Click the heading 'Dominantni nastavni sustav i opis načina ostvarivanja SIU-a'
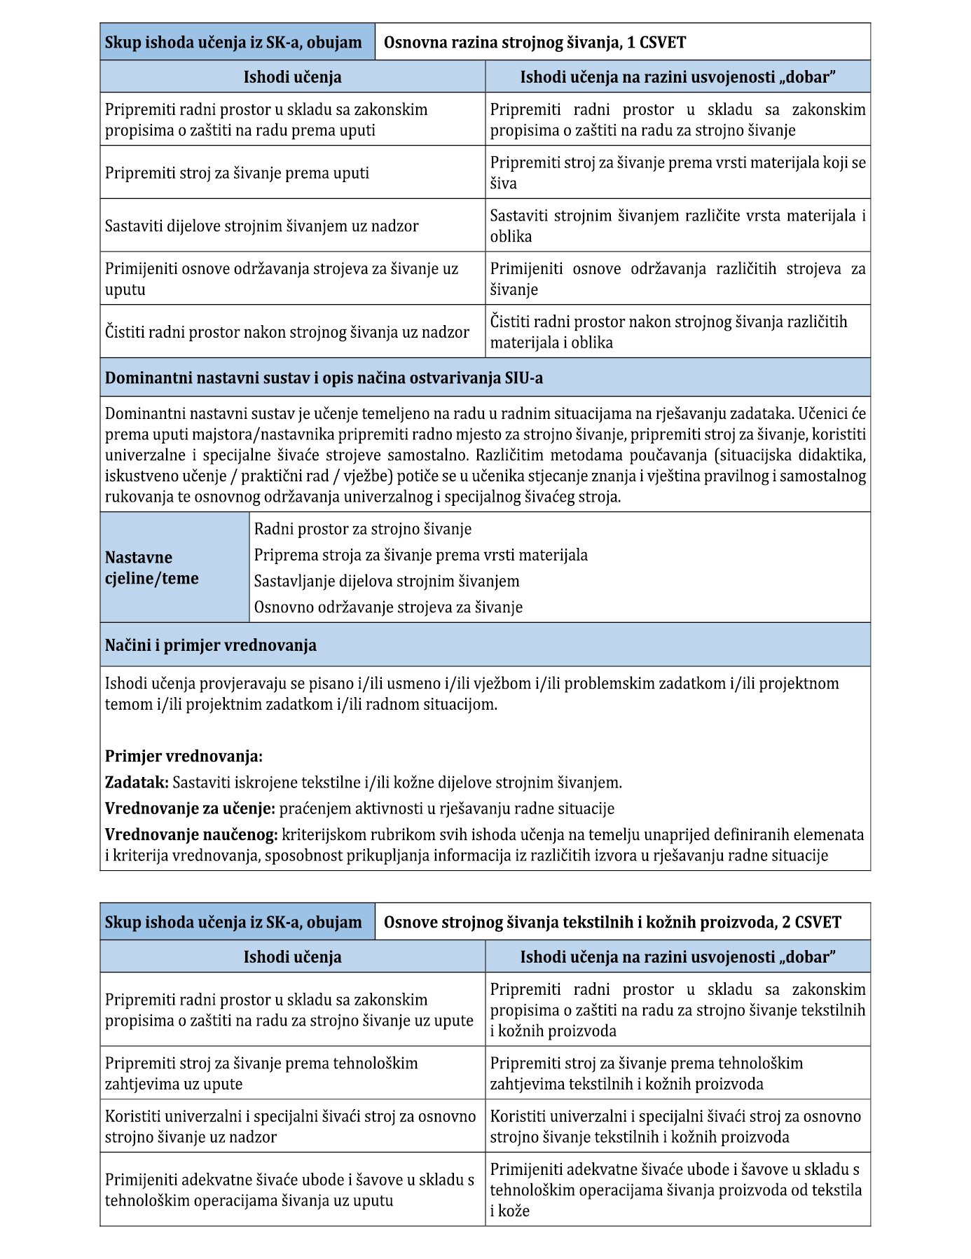(324, 378)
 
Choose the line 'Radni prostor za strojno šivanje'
(362, 529)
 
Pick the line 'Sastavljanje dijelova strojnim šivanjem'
(387, 581)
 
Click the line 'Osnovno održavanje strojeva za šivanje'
(388, 607)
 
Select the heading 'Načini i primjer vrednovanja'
(210, 645)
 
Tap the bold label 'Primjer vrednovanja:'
(184, 757)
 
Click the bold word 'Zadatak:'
(137, 783)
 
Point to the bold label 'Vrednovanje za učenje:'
(190, 809)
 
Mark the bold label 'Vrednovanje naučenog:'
(191, 834)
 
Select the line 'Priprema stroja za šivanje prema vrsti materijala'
(420, 555)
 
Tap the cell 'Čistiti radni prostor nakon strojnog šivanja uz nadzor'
(287, 332)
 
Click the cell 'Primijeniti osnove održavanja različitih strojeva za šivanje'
(677, 279)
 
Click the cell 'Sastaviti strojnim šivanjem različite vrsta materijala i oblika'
(677, 226)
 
